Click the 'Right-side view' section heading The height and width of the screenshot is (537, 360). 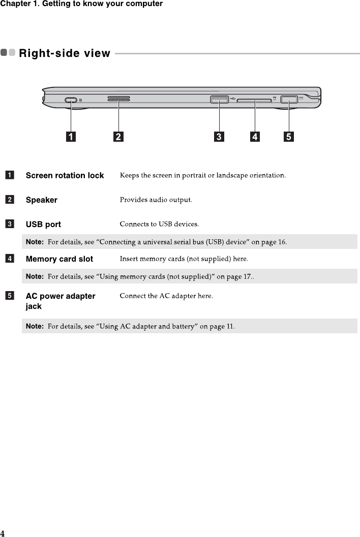(64, 53)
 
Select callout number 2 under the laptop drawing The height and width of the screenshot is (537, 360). (118, 136)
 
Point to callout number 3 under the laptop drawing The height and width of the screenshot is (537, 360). (219, 136)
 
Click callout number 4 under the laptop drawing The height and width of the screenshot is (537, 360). (254, 136)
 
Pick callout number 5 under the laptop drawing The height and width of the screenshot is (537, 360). (289, 136)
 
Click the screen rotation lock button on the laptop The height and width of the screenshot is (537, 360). (71, 100)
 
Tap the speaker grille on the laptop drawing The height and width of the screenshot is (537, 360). (118, 100)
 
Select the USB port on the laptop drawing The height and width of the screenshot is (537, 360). (219, 100)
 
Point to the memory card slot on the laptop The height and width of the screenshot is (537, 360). (254, 101)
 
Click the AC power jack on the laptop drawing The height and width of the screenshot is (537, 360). (288, 99)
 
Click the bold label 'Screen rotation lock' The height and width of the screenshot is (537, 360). (65, 176)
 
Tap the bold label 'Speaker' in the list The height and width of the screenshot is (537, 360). (41, 200)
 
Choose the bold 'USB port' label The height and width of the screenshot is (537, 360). (43, 225)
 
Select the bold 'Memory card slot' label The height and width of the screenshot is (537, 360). (59, 259)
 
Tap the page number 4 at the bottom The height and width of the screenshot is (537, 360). (3, 533)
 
